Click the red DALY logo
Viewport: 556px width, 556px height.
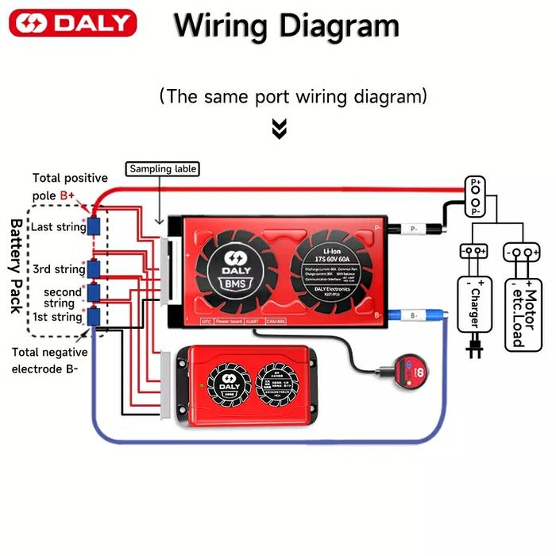(72, 23)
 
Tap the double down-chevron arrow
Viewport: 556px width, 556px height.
(279, 129)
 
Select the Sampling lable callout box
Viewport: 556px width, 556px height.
(163, 169)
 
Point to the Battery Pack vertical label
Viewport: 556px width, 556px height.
(16, 266)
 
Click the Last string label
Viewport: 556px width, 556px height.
(58, 227)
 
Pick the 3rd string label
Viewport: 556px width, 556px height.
(59, 269)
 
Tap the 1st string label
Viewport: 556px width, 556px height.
(56, 317)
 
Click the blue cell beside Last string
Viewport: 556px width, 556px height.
(95, 226)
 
